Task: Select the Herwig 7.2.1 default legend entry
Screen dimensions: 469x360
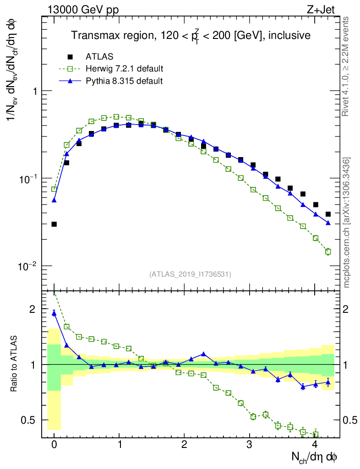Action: coord(124,69)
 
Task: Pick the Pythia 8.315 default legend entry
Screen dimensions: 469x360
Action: coord(124,81)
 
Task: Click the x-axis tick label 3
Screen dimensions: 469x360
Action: coord(250,445)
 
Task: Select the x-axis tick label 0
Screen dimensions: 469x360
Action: coord(54,445)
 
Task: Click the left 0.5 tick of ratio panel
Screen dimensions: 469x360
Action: coord(30,420)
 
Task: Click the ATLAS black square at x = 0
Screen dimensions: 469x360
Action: coord(54,224)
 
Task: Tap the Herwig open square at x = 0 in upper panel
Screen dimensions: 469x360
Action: coord(54,189)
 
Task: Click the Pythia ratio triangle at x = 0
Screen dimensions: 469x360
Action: coord(54,313)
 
